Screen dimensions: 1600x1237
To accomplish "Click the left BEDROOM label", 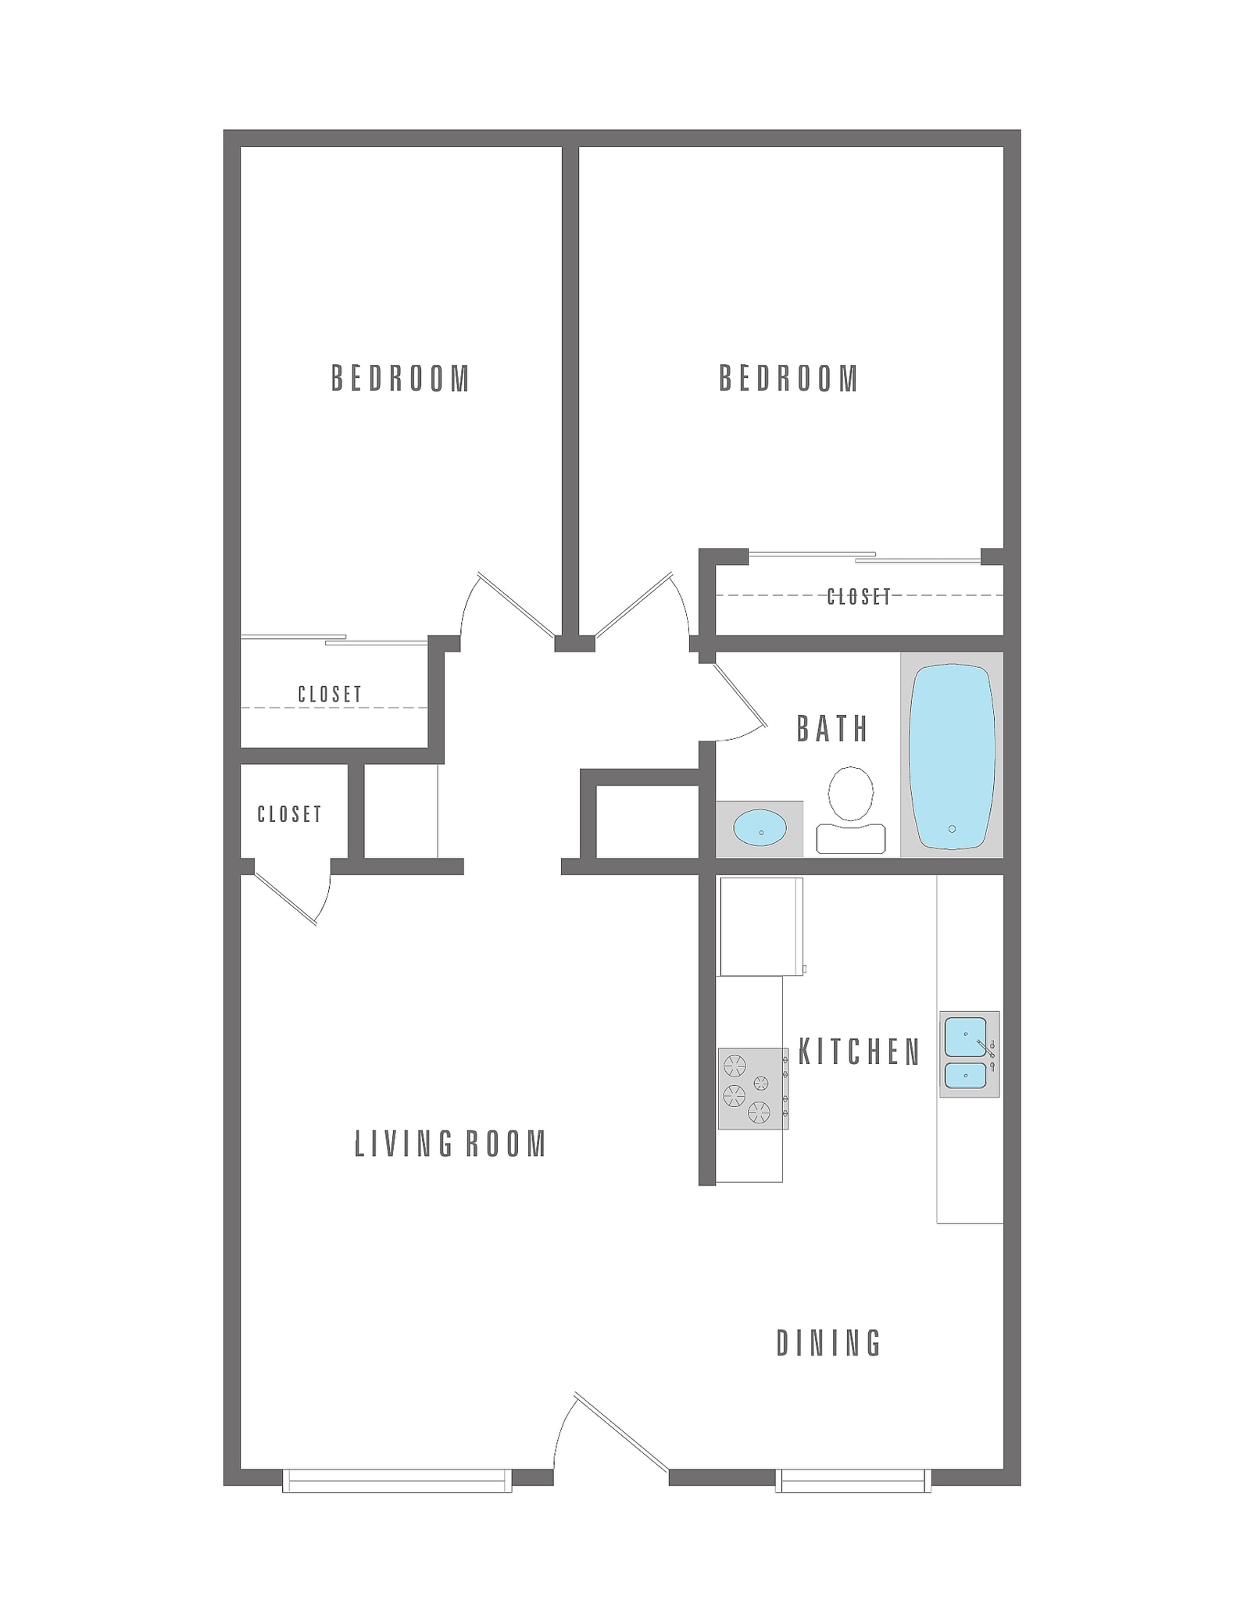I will tap(400, 379).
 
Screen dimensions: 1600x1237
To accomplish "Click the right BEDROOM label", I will tap(788, 379).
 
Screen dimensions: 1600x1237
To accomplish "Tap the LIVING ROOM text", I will tap(450, 1144).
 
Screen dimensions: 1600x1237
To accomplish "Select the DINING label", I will tap(828, 1343).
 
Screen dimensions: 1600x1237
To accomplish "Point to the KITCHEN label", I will tap(860, 1053).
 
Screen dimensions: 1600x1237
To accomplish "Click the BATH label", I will tap(832, 729).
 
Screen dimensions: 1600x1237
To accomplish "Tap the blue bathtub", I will tap(952, 756).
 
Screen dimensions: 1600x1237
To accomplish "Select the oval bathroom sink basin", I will tap(760, 828).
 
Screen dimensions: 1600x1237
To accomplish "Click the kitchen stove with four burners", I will tap(753, 1088).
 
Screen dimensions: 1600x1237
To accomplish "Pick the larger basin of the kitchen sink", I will tap(965, 1037).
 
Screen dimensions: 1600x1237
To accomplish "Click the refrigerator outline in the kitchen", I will tap(760, 927).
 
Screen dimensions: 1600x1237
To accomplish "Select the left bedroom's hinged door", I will tap(516, 606).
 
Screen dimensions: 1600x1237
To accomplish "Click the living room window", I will tap(397, 1480).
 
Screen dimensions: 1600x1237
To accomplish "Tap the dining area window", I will tap(853, 1480).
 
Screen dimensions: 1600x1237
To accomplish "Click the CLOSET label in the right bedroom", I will tap(859, 597).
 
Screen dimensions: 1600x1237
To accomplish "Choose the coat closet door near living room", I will tap(286, 899).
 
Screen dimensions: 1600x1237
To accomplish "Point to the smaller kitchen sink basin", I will tap(965, 1076).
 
